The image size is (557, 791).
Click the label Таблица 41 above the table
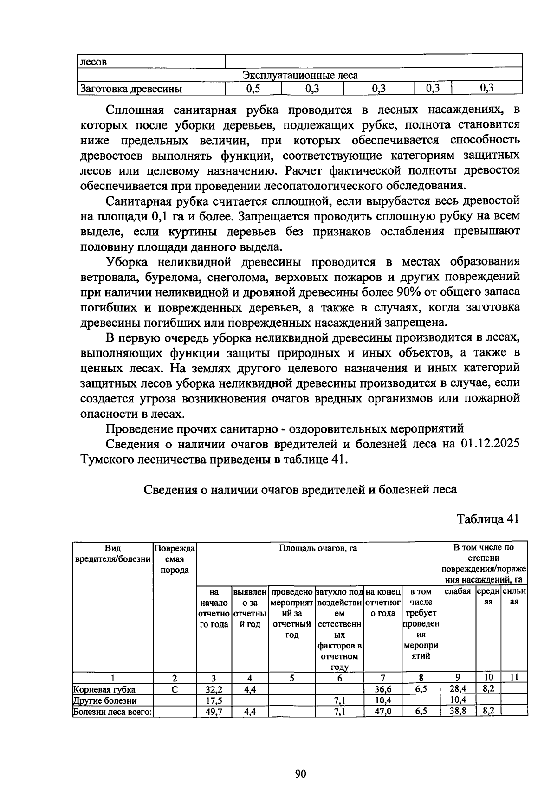click(x=487, y=519)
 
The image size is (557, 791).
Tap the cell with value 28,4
click(x=458, y=690)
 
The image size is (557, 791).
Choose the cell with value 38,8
click(x=458, y=711)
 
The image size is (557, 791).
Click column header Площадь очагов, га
click(x=318, y=548)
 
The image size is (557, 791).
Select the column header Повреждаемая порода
click(x=175, y=559)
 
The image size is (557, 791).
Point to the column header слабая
click(x=458, y=591)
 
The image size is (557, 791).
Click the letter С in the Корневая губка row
click(x=175, y=690)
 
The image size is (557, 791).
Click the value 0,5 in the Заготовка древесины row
click(x=253, y=88)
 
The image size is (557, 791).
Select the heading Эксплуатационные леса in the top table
click(x=300, y=75)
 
